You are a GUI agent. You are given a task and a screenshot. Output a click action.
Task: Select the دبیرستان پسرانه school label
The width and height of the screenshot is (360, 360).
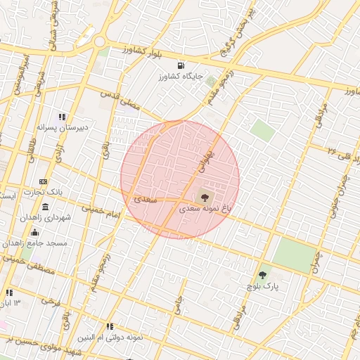pyautogui.click(x=63, y=127)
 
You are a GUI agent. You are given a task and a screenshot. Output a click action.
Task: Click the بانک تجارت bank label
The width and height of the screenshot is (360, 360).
pyautogui.click(x=44, y=192)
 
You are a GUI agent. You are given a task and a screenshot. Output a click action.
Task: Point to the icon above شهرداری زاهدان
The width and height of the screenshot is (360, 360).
pyautogui.click(x=46, y=207)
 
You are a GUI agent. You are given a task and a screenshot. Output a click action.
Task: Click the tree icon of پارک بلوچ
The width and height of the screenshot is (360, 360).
pyautogui.click(x=263, y=275)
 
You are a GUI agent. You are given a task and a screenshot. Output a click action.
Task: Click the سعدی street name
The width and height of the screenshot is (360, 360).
pyautogui.click(x=145, y=200)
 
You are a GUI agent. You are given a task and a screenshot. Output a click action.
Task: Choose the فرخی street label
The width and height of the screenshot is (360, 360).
pyautogui.click(x=49, y=301)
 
